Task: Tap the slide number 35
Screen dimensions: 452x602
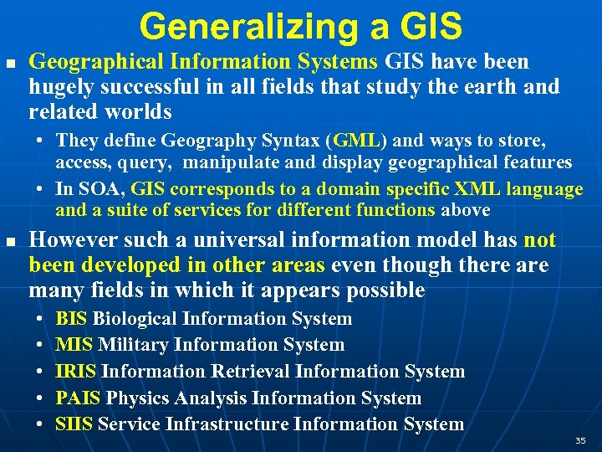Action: click(x=580, y=440)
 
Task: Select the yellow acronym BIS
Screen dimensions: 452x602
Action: click(x=72, y=319)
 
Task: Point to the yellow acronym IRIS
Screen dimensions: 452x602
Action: click(x=75, y=372)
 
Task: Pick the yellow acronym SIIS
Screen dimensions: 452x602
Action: click(x=74, y=424)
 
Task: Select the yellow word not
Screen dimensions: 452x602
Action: click(x=539, y=241)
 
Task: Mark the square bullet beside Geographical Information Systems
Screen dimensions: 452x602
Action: click(x=9, y=62)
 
